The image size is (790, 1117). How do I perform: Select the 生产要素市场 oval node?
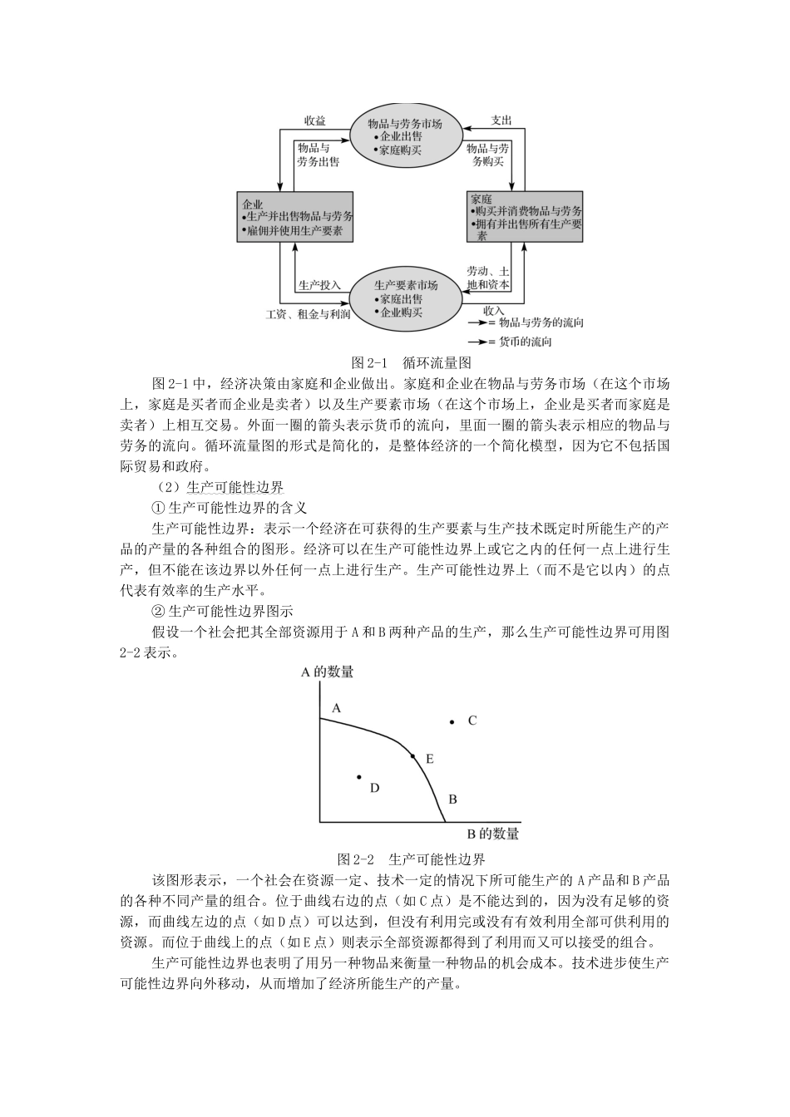tap(406, 298)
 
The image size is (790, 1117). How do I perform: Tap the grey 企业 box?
tap(295, 217)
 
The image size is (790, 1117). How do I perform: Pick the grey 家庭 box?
tap(525, 217)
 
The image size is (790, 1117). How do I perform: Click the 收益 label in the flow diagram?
tap(314, 121)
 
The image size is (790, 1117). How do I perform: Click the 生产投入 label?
tap(319, 284)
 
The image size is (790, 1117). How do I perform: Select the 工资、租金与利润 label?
tap(307, 313)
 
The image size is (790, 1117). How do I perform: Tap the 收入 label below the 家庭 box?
tap(494, 310)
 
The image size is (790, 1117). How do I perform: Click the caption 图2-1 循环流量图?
tap(412, 362)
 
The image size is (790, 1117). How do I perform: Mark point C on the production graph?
tap(452, 722)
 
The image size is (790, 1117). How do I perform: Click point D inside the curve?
tap(358, 777)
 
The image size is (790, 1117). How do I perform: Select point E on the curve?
tap(412, 756)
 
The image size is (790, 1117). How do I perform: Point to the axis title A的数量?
tap(327, 672)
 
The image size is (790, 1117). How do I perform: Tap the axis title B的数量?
tap(492, 834)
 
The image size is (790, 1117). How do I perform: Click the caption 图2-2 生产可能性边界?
tap(412, 859)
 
